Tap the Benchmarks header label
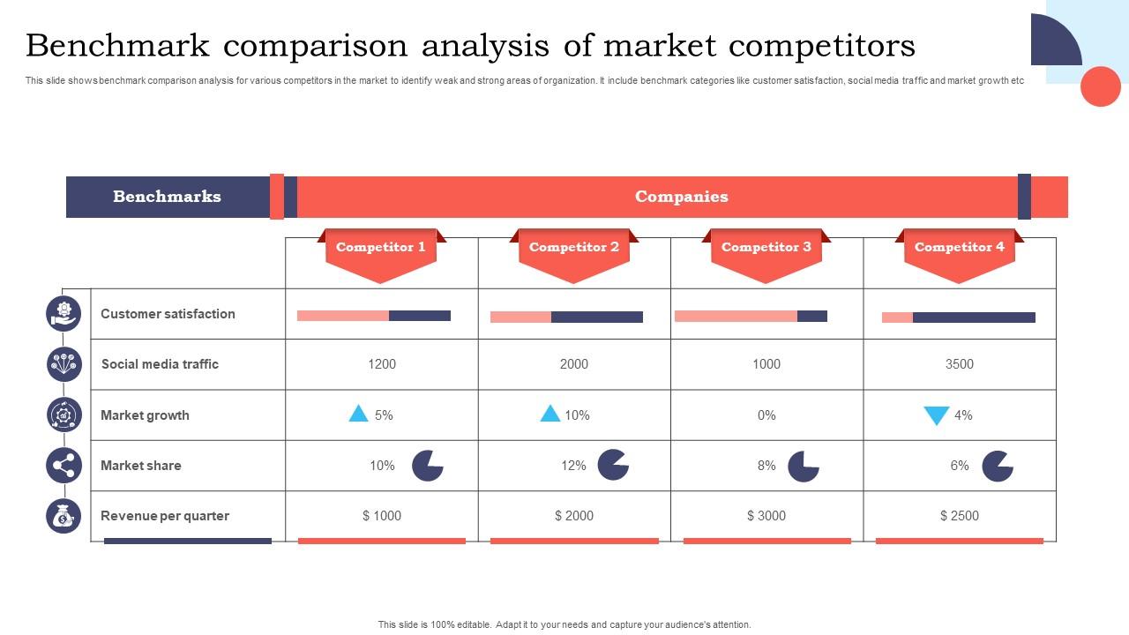point(167,197)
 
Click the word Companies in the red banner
point(681,197)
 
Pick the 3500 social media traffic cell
point(959,364)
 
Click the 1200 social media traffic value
point(381,364)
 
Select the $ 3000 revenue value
point(766,516)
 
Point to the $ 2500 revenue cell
point(959,516)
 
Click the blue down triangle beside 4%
point(936,415)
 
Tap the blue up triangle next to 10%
point(550,414)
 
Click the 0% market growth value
point(766,415)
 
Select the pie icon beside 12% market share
point(613,465)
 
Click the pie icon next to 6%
point(998,466)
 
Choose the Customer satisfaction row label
point(168,314)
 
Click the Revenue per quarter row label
point(165,516)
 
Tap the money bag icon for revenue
point(64,516)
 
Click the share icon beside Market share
point(64,466)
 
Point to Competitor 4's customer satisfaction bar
point(958,317)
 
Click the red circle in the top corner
point(1100,86)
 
